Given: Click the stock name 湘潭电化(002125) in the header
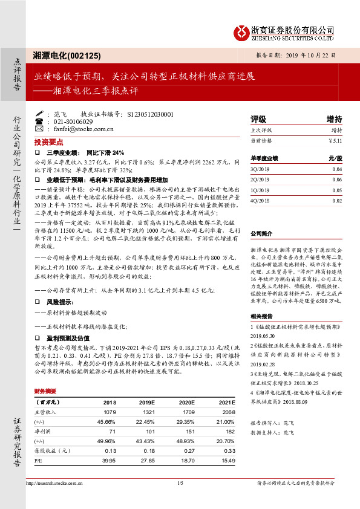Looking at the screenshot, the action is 67,54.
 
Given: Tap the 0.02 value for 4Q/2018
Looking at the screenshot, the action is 337,200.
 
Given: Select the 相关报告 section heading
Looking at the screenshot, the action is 261,316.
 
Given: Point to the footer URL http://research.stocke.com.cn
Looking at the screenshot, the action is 56,483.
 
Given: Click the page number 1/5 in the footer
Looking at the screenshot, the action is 180,483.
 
